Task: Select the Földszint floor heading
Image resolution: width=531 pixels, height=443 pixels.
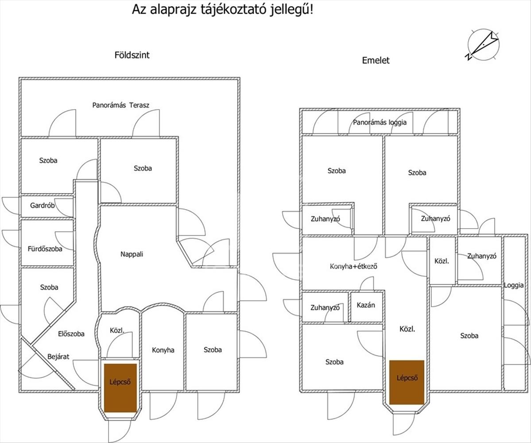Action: click(132, 55)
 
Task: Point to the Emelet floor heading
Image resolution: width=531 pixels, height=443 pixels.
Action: click(376, 61)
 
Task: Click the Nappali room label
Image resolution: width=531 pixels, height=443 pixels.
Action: click(132, 254)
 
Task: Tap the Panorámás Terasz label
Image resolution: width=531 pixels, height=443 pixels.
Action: click(120, 105)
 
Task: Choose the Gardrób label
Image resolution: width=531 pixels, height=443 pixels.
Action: click(42, 206)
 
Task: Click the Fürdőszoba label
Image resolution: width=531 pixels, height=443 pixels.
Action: click(42, 249)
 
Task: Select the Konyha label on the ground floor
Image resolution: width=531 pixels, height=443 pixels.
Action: click(163, 350)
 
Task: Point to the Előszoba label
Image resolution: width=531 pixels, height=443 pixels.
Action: click(71, 334)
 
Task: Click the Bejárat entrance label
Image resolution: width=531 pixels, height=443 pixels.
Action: click(58, 356)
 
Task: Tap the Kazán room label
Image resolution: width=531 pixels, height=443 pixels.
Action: click(366, 305)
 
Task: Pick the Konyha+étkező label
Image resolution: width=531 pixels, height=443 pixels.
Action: click(353, 267)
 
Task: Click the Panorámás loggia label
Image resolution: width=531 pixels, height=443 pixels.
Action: click(380, 123)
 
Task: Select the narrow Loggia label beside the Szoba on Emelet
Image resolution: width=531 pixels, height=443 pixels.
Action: click(514, 286)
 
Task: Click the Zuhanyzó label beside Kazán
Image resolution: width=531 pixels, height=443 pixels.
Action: click(325, 307)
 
